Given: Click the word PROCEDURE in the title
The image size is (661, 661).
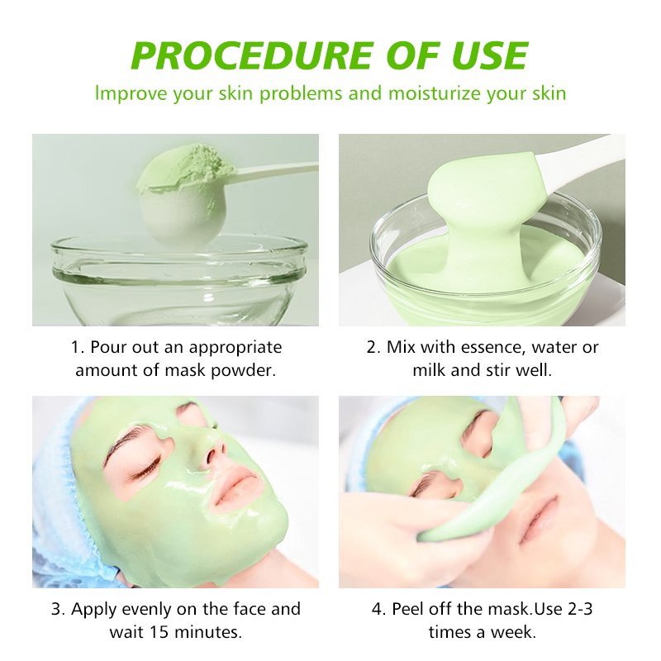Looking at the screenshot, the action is (251, 55).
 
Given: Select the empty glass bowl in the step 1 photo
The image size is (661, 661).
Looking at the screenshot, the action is (178, 280).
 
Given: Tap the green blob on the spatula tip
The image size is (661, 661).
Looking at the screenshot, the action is (481, 181).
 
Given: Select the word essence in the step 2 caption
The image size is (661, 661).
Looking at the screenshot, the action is (492, 347).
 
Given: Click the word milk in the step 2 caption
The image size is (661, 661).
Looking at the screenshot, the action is (429, 369).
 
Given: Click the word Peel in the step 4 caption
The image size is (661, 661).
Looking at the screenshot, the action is (405, 609).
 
